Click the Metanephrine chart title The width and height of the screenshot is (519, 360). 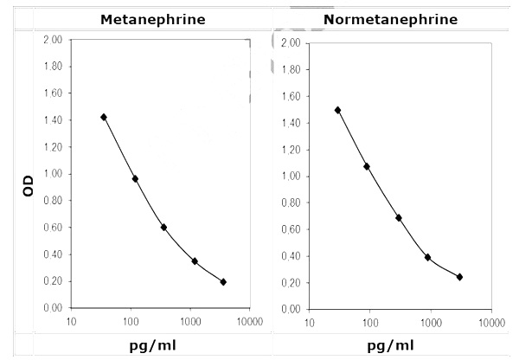[x=152, y=18]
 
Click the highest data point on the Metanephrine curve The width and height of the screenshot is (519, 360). [x=104, y=117]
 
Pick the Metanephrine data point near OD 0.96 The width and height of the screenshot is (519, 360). [x=135, y=178]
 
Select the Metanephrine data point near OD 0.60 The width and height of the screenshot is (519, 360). [x=163, y=227]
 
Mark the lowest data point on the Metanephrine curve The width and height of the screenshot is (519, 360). [x=223, y=281]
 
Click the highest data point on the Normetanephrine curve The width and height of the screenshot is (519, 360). [x=337, y=110]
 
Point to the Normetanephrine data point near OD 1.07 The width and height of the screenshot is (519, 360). [x=367, y=166]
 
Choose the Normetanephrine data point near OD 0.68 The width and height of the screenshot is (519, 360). [x=399, y=217]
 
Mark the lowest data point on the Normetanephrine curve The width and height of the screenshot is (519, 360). [x=459, y=277]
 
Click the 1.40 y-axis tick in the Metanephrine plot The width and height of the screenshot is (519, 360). [x=53, y=120]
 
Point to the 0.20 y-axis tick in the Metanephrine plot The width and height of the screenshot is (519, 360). [x=53, y=281]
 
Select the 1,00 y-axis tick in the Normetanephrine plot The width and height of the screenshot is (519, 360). [x=290, y=176]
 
